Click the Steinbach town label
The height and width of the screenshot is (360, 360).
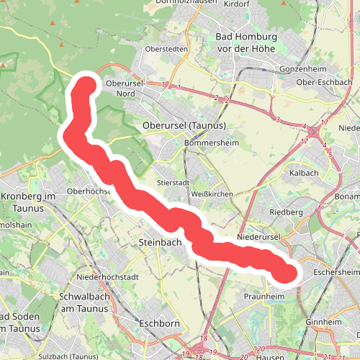[159, 243]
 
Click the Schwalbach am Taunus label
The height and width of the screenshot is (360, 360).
[84, 302]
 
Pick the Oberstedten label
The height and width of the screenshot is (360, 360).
[166, 49]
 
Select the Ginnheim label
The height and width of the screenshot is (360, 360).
[322, 322]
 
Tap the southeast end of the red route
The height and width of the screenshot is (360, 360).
[287, 273]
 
